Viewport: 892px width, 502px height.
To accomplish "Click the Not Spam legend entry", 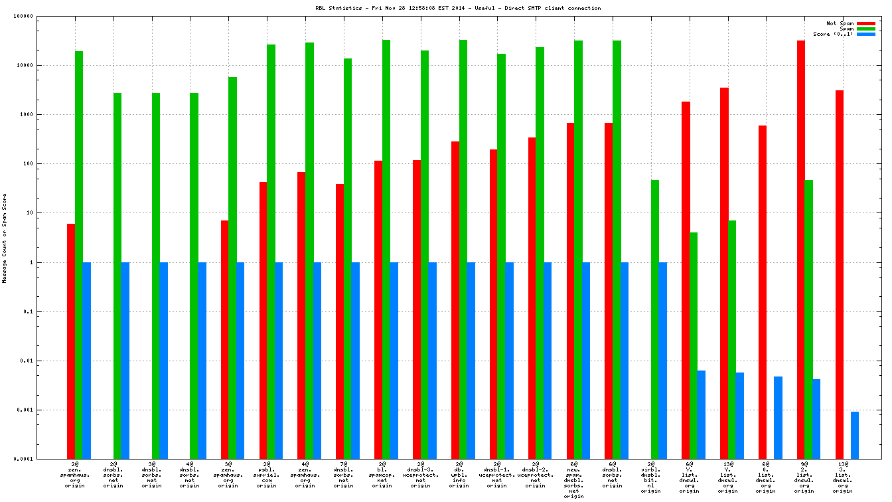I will click(840, 23).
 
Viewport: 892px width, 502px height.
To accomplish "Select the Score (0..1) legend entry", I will click(833, 34).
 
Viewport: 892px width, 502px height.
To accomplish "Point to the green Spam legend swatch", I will click(866, 29).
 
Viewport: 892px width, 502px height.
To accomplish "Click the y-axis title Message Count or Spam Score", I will click(5, 238).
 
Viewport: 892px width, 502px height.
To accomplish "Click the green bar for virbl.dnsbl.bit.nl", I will click(655, 319).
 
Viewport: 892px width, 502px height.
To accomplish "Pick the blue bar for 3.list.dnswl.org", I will click(855, 435).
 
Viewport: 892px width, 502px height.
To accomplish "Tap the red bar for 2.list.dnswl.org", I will click(801, 250).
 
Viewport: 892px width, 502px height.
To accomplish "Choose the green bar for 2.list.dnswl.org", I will click(808, 319).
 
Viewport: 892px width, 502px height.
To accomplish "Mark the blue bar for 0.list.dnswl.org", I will click(778, 418).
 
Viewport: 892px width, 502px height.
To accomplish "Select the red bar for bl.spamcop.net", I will click(378, 309).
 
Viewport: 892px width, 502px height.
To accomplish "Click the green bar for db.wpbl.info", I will click(463, 250).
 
